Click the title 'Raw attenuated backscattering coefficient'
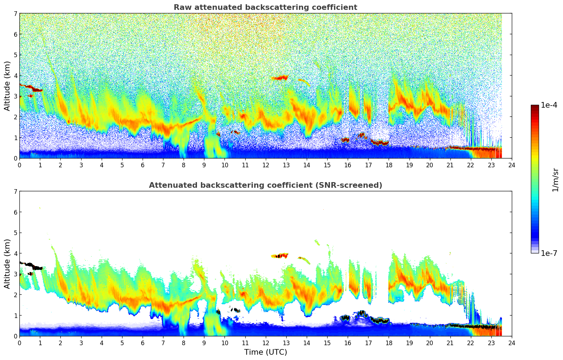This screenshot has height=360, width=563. pyautogui.click(x=265, y=7)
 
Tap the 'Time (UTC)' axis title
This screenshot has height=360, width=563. pyautogui.click(x=265, y=352)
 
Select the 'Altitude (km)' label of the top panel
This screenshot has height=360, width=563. pyautogui.click(x=7, y=86)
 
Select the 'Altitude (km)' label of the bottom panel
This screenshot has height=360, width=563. pyautogui.click(x=7, y=264)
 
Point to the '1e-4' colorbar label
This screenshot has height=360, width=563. pyautogui.click(x=549, y=105)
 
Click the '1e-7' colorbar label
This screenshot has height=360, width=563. pyautogui.click(x=549, y=253)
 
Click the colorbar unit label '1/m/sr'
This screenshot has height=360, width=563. pyautogui.click(x=555, y=180)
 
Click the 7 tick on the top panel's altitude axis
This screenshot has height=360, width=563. pyautogui.click(x=16, y=14)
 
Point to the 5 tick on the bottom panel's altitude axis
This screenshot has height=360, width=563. pyautogui.click(x=16, y=233)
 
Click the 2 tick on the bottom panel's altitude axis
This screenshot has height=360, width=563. pyautogui.click(x=16, y=295)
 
